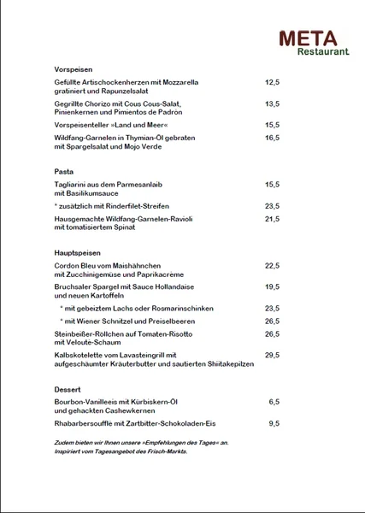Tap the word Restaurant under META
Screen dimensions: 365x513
(x=323, y=52)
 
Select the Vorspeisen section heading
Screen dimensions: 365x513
(x=73, y=68)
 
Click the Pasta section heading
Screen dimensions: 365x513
(x=64, y=171)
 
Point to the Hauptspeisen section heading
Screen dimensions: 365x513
(x=77, y=253)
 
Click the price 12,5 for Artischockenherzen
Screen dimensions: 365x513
(x=273, y=82)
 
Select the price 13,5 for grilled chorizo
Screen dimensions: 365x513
(x=273, y=103)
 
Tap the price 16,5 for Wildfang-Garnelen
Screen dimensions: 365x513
(x=273, y=138)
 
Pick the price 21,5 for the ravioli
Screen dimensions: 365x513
(x=273, y=219)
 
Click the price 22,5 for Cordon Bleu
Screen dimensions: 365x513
(x=273, y=266)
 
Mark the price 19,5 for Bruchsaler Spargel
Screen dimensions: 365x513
(x=273, y=287)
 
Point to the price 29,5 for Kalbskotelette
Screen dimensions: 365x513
(x=273, y=355)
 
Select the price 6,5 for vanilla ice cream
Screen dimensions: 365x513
(x=274, y=402)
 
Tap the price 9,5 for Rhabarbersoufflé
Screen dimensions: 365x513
(x=274, y=422)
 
